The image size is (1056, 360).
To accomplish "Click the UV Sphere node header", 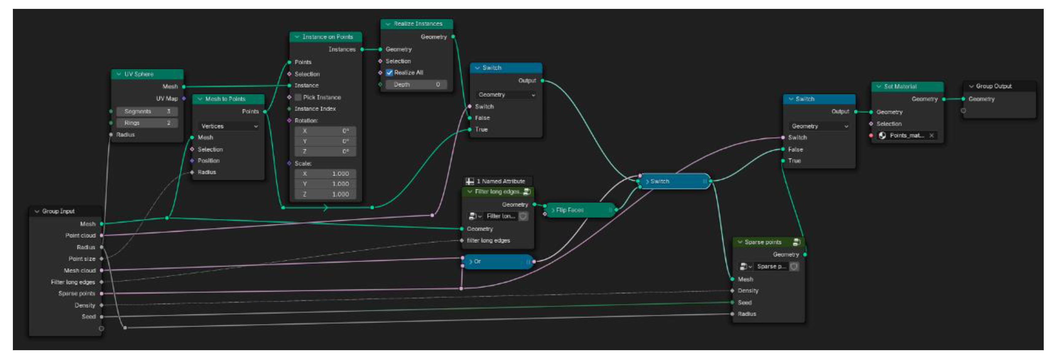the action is (x=139, y=74).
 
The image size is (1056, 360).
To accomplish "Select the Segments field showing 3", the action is (x=146, y=112).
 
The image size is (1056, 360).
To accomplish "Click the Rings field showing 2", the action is (x=146, y=123).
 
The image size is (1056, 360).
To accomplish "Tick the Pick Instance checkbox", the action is (x=298, y=98).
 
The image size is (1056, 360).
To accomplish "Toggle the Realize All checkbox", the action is (x=390, y=73).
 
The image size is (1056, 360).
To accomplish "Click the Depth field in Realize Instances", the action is (x=416, y=84).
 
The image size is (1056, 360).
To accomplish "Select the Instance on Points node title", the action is (x=327, y=37).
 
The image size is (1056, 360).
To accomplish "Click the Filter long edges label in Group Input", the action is (x=73, y=282).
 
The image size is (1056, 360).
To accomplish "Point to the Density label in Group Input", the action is (x=85, y=305).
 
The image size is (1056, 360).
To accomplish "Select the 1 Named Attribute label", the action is (x=501, y=181).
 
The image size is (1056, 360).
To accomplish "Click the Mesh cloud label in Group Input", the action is (x=79, y=271).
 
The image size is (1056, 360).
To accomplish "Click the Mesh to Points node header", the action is (x=225, y=99).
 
